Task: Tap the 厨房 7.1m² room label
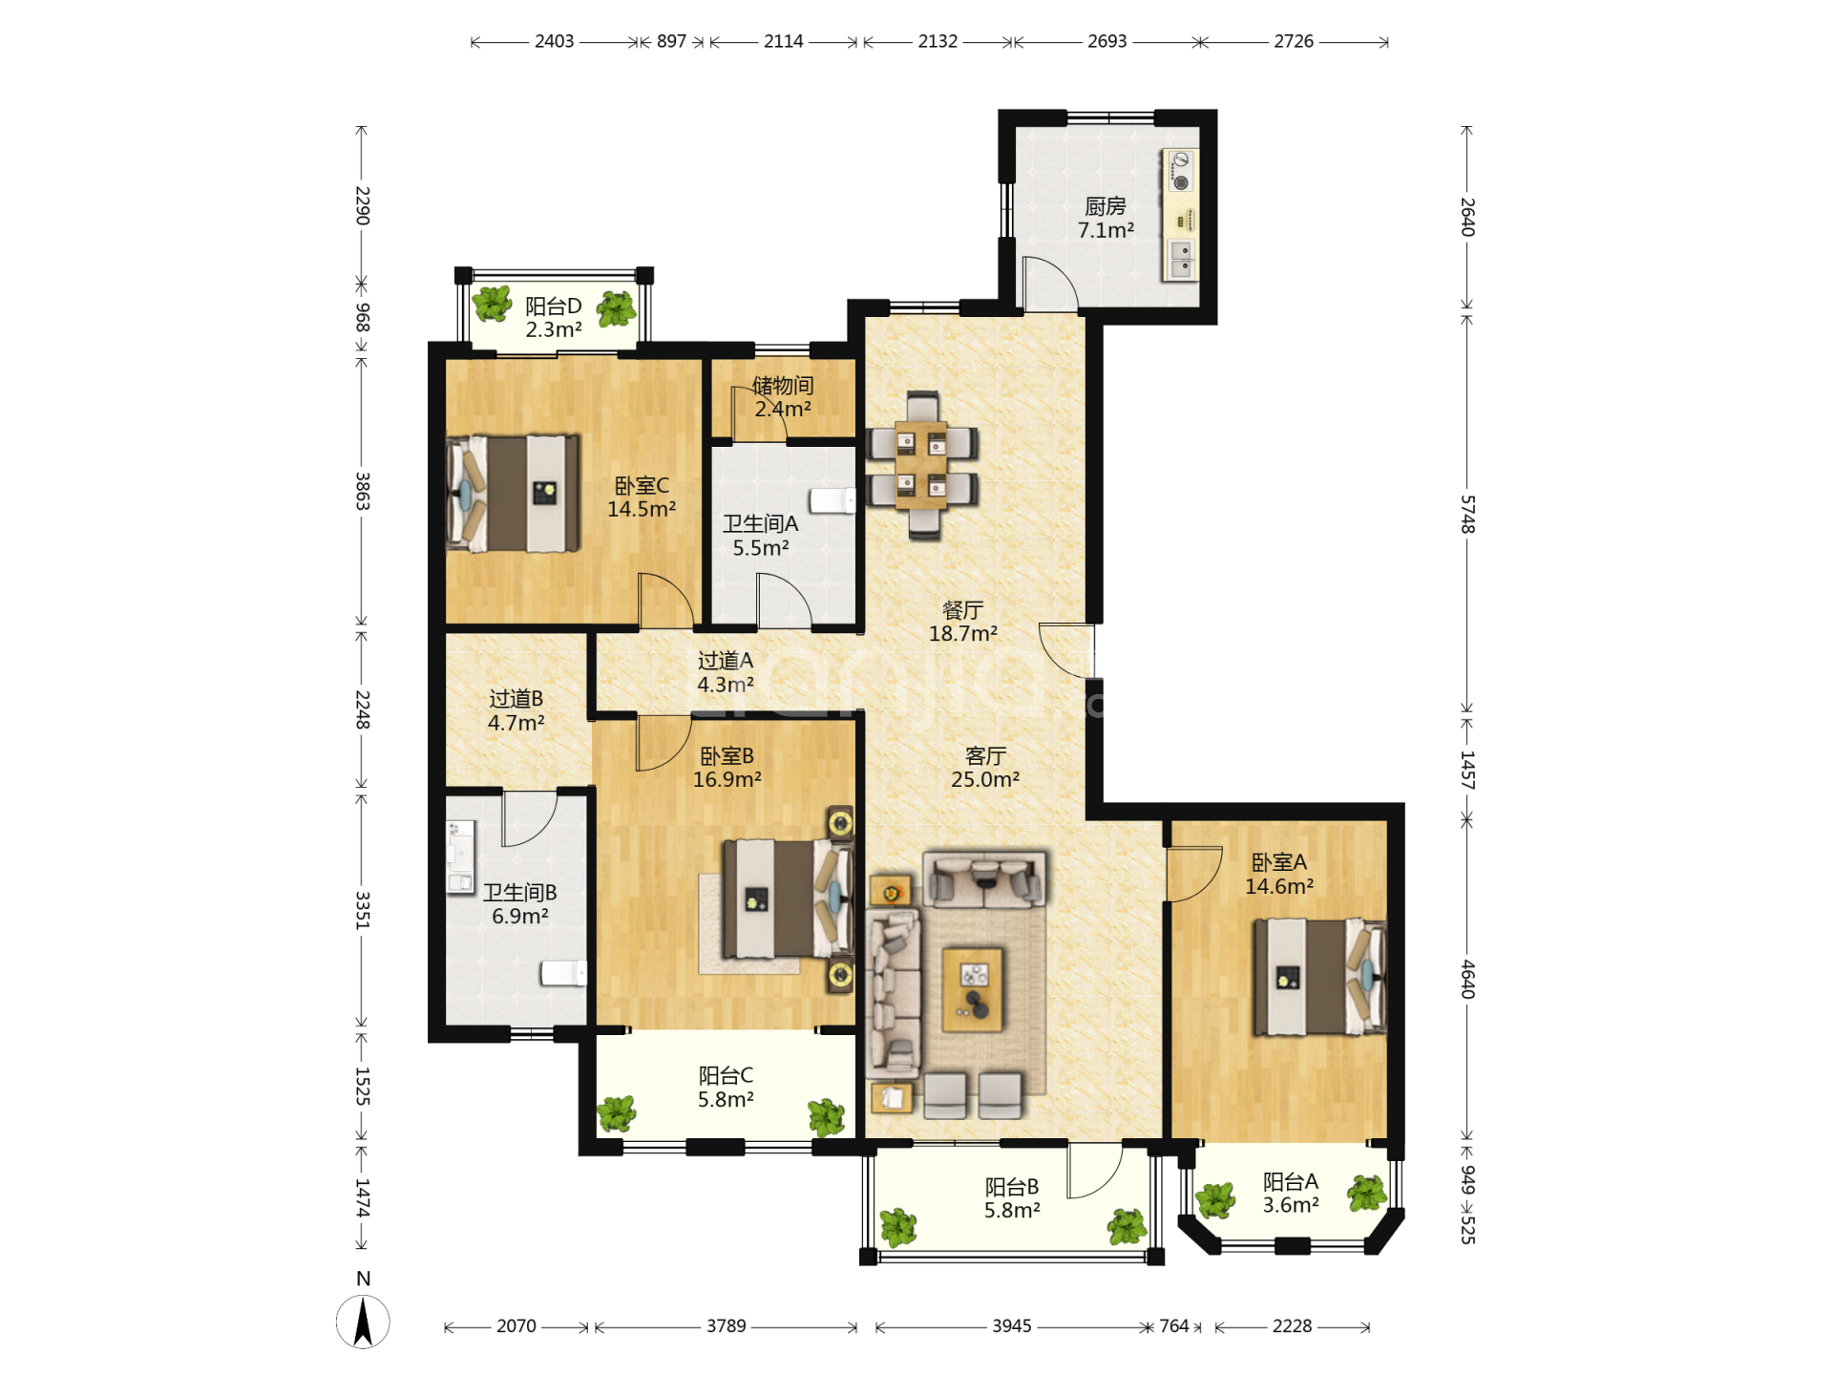(1106, 219)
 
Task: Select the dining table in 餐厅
(921, 465)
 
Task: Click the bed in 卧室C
(513, 494)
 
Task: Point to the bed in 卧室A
(1319, 977)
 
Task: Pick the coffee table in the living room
(973, 989)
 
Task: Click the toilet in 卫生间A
(832, 500)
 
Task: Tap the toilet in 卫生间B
(563, 973)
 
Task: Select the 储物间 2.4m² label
(783, 397)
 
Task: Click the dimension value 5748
(1467, 515)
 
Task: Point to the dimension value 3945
(1012, 1326)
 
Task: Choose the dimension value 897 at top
(671, 41)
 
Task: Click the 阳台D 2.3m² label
(554, 318)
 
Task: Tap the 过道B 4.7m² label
(516, 710)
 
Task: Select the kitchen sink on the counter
(1182, 259)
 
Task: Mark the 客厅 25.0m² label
(985, 768)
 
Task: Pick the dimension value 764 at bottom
(1174, 1326)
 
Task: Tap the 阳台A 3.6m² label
(1291, 1194)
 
